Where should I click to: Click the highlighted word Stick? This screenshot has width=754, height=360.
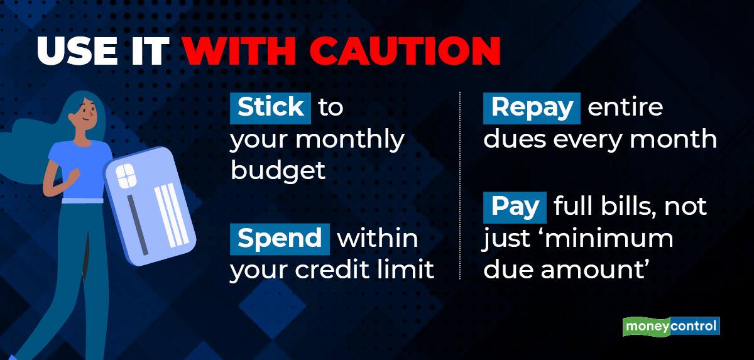coord(270,107)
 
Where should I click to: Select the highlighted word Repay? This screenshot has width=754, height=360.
coord(531,107)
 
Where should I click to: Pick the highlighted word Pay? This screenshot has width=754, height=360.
coord(515,207)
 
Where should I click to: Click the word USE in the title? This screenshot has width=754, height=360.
coord(82,52)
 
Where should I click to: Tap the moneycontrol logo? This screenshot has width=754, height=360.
coord(671,327)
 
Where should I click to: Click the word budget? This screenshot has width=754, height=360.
coord(278,171)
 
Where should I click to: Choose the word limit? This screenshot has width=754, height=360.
coord(409,270)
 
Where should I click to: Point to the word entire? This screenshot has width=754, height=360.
coord(625,107)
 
